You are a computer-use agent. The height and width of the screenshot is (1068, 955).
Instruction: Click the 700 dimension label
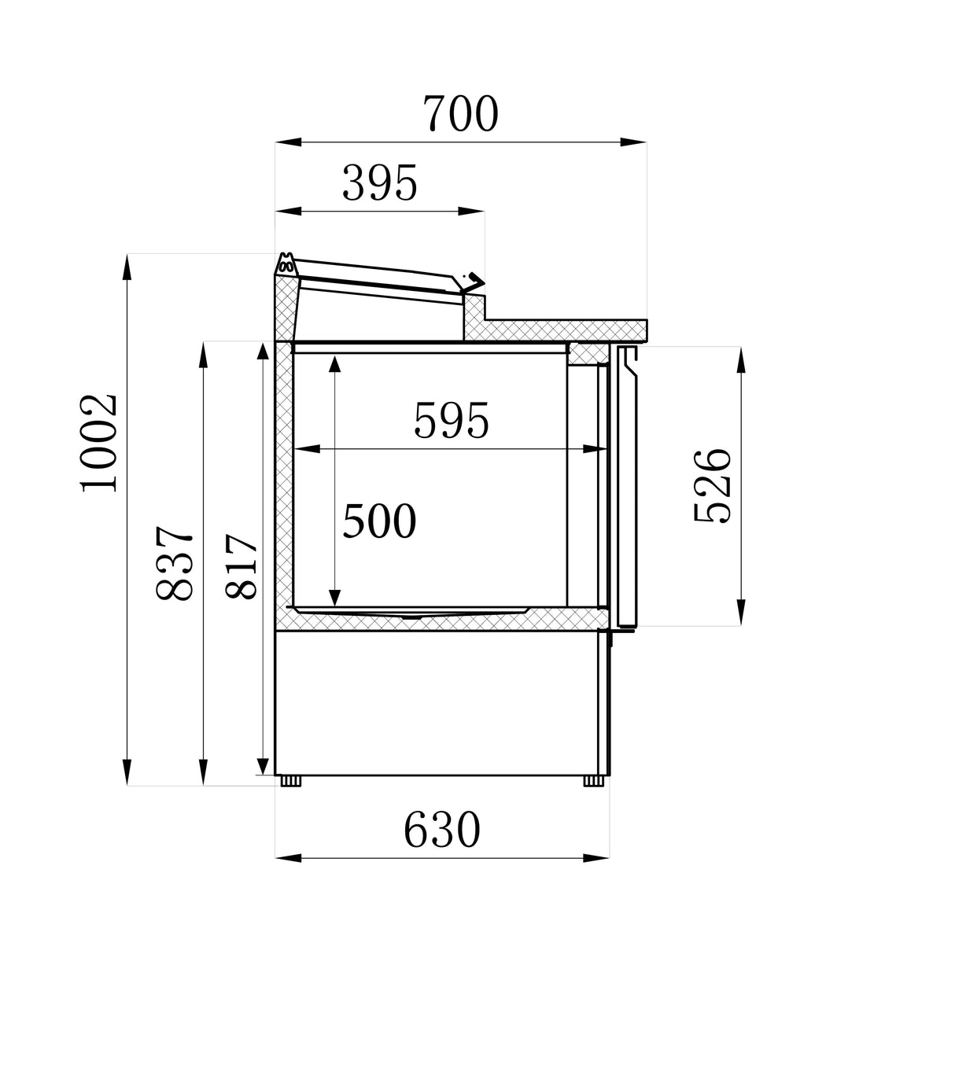pos(461,115)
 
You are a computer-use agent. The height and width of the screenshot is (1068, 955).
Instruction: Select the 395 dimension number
pos(379,185)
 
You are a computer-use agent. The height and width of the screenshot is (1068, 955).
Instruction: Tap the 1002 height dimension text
pos(101,442)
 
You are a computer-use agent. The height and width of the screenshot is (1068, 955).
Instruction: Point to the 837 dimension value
pos(175,564)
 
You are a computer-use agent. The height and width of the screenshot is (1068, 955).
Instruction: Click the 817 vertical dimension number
pos(242,567)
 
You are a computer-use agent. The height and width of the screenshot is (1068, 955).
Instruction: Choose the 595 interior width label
pos(452,422)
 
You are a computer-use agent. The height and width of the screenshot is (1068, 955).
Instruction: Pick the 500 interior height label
pos(379,522)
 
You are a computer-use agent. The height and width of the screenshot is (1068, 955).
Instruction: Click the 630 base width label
pos(441,830)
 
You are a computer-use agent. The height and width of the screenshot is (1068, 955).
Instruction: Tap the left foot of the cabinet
pos(292,781)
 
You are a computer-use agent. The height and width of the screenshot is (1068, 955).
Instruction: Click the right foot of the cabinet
pos(594,781)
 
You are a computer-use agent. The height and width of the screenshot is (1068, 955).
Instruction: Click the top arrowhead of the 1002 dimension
pos(127,266)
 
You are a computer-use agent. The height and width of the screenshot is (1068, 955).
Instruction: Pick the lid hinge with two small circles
pos(286,265)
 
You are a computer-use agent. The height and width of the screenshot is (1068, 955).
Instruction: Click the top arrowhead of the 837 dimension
pos(203,354)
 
